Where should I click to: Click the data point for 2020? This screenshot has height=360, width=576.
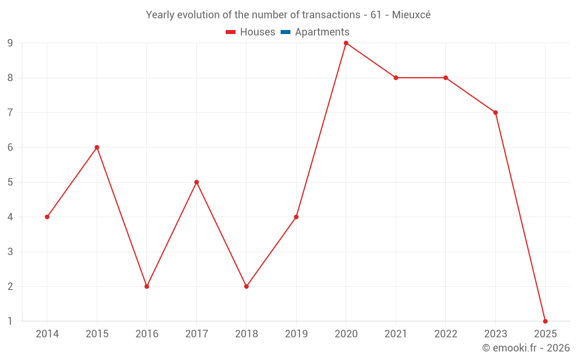tap(346, 43)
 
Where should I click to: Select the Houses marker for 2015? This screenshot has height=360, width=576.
tap(97, 147)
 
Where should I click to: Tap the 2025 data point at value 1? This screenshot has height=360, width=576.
tap(545, 321)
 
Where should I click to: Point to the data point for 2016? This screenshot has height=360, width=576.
tap(147, 286)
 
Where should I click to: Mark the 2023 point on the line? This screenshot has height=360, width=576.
tap(495, 112)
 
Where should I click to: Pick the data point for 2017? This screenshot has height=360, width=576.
tap(196, 182)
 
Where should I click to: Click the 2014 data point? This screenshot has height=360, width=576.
tap(47, 217)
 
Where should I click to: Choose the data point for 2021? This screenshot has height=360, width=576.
tap(396, 78)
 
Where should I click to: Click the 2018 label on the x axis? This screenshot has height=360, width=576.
tap(247, 334)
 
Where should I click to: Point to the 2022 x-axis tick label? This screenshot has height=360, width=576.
tap(446, 334)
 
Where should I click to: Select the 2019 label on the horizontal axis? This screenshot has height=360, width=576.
tap(296, 334)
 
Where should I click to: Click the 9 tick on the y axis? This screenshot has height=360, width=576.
tap(10, 43)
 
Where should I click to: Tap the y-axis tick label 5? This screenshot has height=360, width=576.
tap(10, 182)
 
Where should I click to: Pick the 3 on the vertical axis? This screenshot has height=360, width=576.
tap(10, 252)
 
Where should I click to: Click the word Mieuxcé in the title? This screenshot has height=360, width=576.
tap(411, 15)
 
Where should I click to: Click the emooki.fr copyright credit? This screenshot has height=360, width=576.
tap(526, 348)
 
